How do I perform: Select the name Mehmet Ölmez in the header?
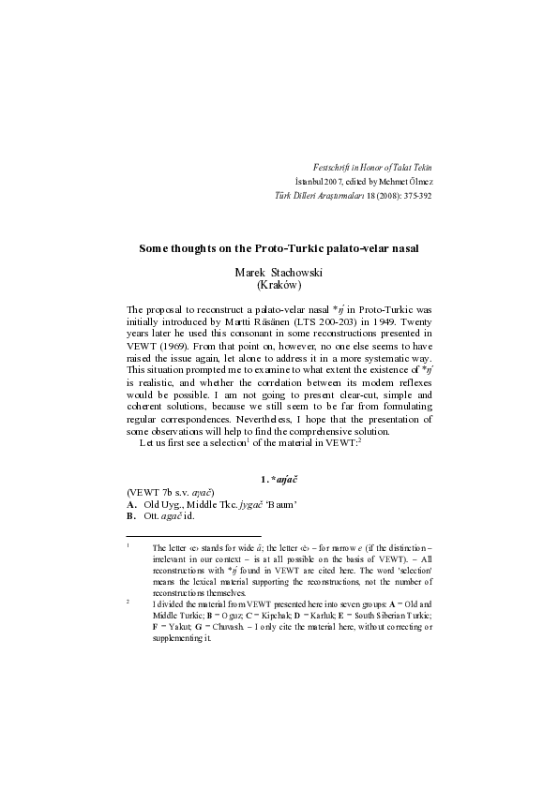pyautogui.click(x=407, y=181)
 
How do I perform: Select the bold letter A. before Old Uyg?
pyautogui.click(x=132, y=503)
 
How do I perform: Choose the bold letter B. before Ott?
pyautogui.click(x=132, y=515)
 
